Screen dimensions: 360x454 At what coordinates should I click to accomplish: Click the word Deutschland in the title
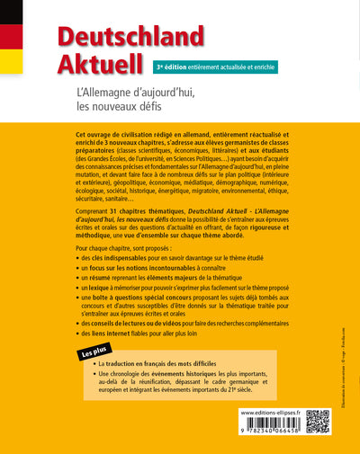(130, 37)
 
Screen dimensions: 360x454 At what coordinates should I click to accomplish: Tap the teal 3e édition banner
(215, 67)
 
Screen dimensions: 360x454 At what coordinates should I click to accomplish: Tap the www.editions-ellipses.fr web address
(271, 412)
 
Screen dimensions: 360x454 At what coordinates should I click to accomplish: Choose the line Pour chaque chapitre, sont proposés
(115, 245)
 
